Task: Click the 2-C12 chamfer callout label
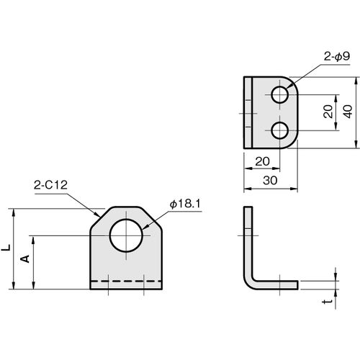(x=50, y=185)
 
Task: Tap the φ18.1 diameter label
(x=185, y=204)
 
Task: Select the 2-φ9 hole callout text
(x=337, y=57)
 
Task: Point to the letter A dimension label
(x=24, y=258)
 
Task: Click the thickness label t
(x=328, y=301)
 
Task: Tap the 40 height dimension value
(x=348, y=112)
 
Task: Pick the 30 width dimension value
(x=270, y=181)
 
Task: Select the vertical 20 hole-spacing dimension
(x=328, y=112)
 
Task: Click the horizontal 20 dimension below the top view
(x=262, y=161)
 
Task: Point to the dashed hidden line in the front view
(x=126, y=281)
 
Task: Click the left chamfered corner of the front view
(x=101, y=218)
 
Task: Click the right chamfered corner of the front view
(x=151, y=218)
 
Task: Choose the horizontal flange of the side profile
(x=276, y=285)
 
